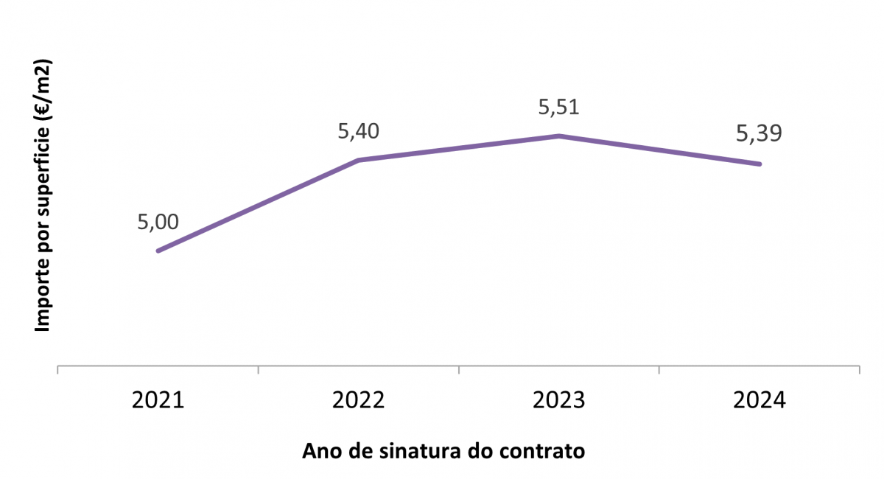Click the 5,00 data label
pyautogui.click(x=158, y=222)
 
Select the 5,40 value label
pyautogui.click(x=358, y=133)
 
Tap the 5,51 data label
pyautogui.click(x=559, y=108)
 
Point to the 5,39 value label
pyautogui.click(x=759, y=134)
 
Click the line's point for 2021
pyautogui.click(x=158, y=251)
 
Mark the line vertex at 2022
pyautogui.click(x=358, y=160)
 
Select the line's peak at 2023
pyautogui.click(x=559, y=136)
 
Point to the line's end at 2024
pyautogui.click(x=760, y=164)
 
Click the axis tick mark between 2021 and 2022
pyautogui.click(x=258, y=369)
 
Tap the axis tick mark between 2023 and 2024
pyautogui.click(x=659, y=369)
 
